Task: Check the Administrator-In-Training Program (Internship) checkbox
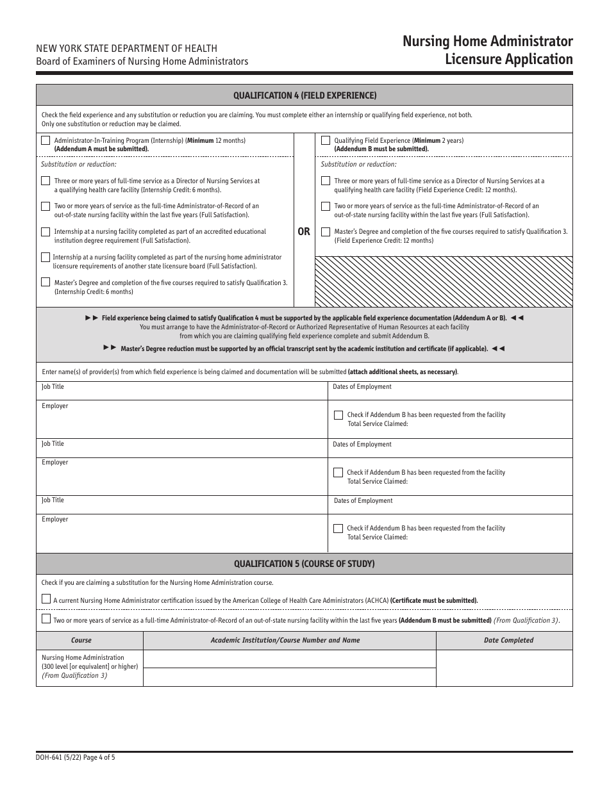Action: click(45, 140)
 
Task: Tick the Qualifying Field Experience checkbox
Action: click(326, 140)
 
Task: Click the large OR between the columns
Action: click(304, 231)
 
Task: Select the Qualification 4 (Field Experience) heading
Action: click(304, 95)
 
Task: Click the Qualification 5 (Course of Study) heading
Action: click(304, 564)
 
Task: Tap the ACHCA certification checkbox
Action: click(46, 600)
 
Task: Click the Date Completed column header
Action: click(508, 640)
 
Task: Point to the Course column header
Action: click(81, 640)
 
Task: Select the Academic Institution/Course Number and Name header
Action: click(285, 640)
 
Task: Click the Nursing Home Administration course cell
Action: click(89, 666)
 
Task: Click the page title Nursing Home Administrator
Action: click(487, 42)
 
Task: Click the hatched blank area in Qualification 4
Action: click(444, 281)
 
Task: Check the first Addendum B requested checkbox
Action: click(338, 415)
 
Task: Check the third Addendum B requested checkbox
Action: click(338, 529)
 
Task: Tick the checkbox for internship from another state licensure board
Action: click(45, 257)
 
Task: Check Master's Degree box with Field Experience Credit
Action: click(326, 232)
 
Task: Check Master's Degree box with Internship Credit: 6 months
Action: click(45, 282)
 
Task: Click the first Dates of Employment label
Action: click(362, 387)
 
